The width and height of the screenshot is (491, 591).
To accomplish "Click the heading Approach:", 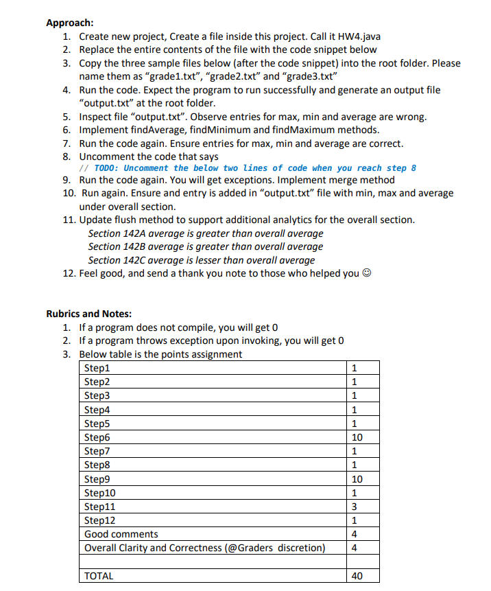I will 70,23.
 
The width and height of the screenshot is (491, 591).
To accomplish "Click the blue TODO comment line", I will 248,168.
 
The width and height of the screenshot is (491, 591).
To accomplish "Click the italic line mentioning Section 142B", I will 206,246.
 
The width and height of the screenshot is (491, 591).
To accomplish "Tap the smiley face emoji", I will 368,273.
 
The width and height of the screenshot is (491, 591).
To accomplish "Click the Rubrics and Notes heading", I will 88,314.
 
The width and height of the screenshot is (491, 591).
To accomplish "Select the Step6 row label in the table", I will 97,437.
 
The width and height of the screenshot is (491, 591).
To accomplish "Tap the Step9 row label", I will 97,478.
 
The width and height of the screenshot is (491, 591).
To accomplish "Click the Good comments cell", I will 121,533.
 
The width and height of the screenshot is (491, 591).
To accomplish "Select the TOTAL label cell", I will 99,576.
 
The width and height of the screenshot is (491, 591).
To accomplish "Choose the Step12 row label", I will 99,520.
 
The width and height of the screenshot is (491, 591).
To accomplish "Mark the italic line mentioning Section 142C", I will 202,259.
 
